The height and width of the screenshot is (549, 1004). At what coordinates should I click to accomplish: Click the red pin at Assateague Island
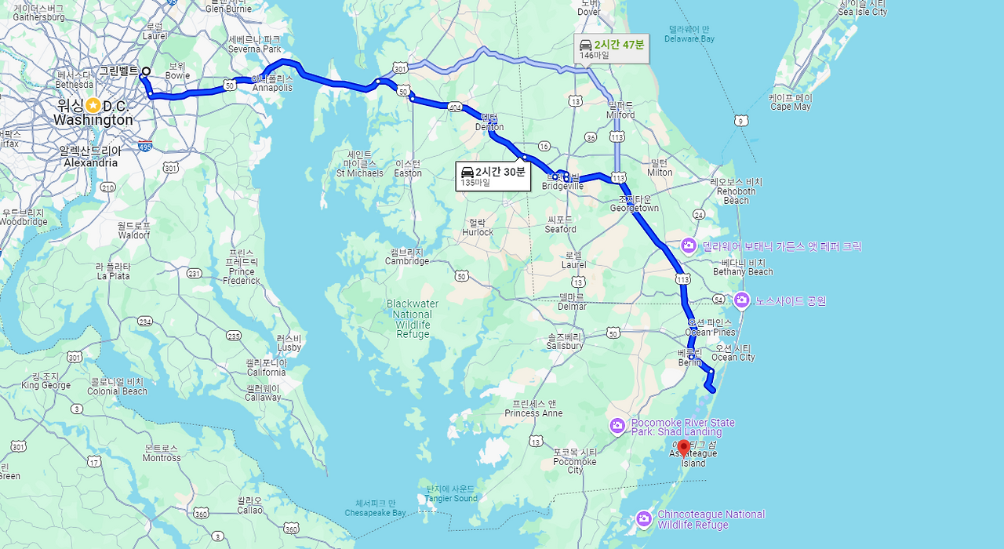pyautogui.click(x=683, y=448)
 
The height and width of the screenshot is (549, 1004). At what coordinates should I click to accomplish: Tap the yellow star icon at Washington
pyautogui.click(x=93, y=105)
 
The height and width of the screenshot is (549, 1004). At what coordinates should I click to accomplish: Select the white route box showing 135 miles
pyautogui.click(x=493, y=176)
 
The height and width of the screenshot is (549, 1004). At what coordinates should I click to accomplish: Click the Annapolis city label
pyautogui.click(x=272, y=88)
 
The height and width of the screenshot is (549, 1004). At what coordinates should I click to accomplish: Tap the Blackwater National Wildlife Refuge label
pyautogui.click(x=413, y=318)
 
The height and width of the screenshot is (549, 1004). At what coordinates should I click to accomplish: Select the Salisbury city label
pyautogui.click(x=565, y=346)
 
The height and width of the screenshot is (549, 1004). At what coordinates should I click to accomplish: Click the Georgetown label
pyautogui.click(x=635, y=209)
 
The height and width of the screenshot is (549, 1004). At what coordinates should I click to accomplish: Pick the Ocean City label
pyautogui.click(x=733, y=358)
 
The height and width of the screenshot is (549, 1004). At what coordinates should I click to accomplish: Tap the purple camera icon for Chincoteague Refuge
pyautogui.click(x=644, y=518)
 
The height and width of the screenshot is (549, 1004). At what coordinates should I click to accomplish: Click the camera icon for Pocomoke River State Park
pyautogui.click(x=617, y=426)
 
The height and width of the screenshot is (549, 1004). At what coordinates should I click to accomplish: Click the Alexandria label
pyautogui.click(x=90, y=162)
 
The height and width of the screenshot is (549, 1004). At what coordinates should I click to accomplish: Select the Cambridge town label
pyautogui.click(x=407, y=261)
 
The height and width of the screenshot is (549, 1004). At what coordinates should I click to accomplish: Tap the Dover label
pyautogui.click(x=589, y=12)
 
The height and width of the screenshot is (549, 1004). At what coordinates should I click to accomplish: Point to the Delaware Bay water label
pyautogui.click(x=689, y=38)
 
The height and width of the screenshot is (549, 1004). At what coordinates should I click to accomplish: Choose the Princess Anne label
pyautogui.click(x=533, y=413)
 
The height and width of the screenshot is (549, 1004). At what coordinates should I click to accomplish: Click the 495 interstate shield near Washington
pyautogui.click(x=144, y=146)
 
